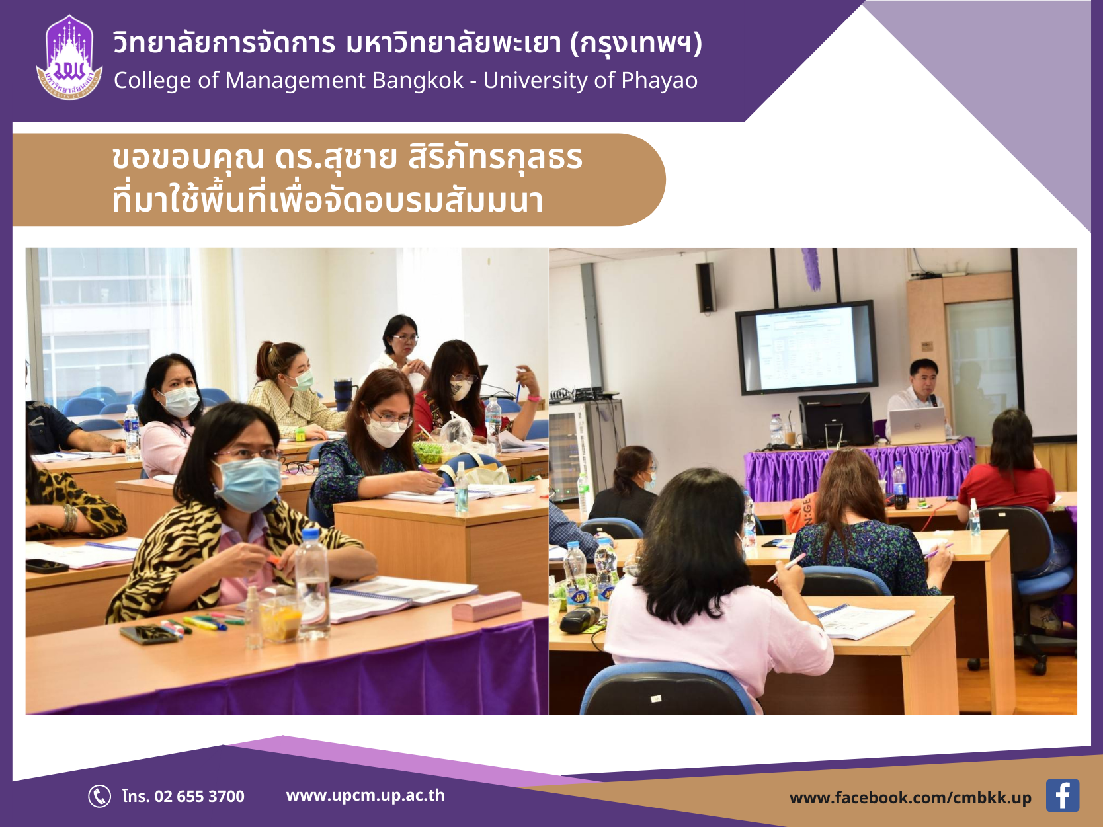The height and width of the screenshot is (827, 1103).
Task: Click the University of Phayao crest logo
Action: (69, 58)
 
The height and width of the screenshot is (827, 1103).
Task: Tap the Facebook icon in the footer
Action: (1062, 795)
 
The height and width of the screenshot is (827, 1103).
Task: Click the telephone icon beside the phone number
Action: (99, 796)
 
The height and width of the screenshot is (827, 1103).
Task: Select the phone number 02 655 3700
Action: (200, 797)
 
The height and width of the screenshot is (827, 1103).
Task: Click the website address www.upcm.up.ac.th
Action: (365, 795)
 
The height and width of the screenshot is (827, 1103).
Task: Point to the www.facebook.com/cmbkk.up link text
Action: (910, 798)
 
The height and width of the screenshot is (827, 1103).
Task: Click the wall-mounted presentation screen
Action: (807, 347)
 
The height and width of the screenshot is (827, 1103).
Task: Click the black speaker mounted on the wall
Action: (706, 288)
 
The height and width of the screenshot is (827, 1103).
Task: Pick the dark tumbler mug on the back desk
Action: (345, 395)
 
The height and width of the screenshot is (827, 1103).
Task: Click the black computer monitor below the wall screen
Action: (836, 420)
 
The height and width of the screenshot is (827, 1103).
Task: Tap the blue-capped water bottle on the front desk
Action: (312, 583)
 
